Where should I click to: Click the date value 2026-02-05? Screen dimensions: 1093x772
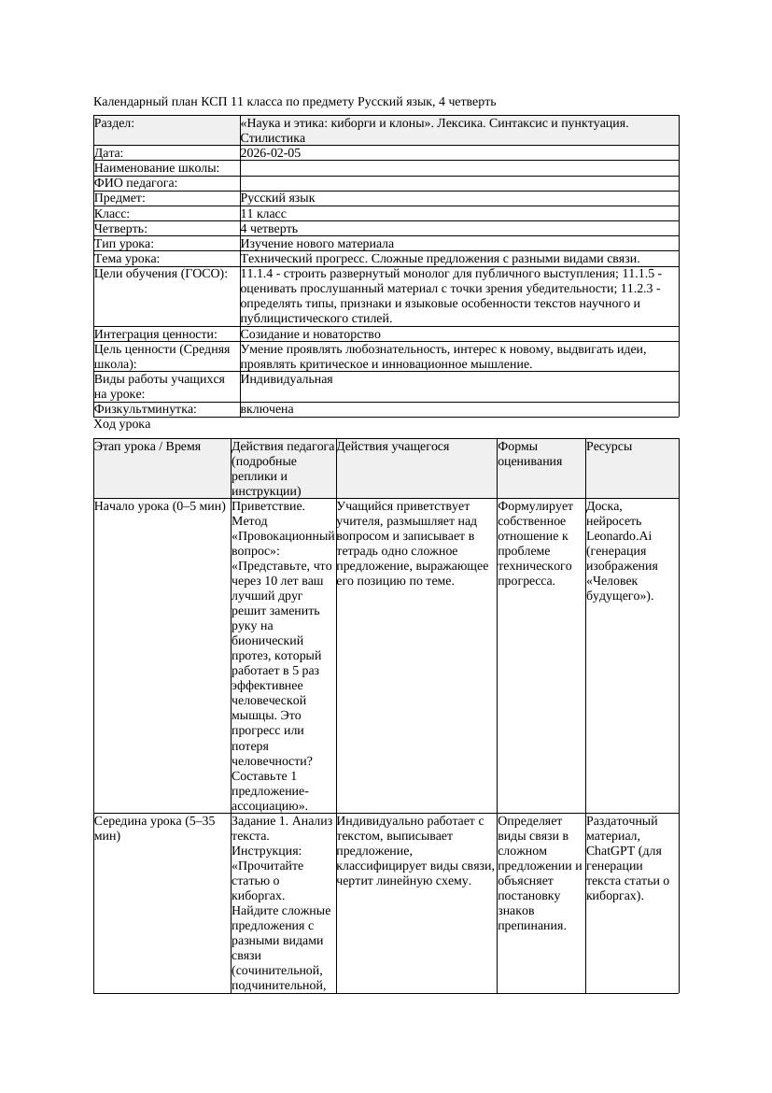pyautogui.click(x=271, y=153)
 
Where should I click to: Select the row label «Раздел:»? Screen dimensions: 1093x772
pyautogui.click(x=114, y=123)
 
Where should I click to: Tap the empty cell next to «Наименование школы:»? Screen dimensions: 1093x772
pyautogui.click(x=458, y=168)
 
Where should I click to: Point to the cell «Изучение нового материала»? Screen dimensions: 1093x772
pyautogui.click(x=316, y=243)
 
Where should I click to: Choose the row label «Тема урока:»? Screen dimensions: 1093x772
pyautogui.click(x=127, y=258)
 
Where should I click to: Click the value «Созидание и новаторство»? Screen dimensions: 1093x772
pyautogui.click(x=310, y=334)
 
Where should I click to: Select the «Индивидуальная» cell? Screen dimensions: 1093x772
pyautogui.click(x=286, y=379)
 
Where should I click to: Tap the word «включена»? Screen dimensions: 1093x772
pyautogui.click(x=267, y=409)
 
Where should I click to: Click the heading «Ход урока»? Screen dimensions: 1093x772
pyautogui.click(x=122, y=424)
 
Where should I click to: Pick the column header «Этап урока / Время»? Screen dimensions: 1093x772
pyautogui.click(x=147, y=447)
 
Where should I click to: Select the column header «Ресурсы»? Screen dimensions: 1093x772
pyautogui.click(x=609, y=447)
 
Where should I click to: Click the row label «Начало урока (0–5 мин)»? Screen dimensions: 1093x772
pyautogui.click(x=160, y=506)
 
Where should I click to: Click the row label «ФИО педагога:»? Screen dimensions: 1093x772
pyautogui.click(x=136, y=183)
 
